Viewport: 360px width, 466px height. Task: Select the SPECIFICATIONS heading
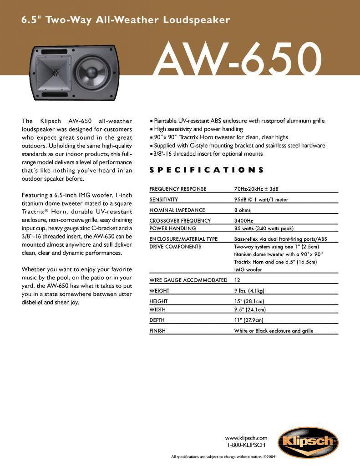point(207,170)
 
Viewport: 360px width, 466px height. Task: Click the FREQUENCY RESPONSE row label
point(178,189)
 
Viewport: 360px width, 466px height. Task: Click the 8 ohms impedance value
point(243,210)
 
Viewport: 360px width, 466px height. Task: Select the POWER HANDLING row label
point(173,228)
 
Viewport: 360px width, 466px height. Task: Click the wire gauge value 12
point(237,280)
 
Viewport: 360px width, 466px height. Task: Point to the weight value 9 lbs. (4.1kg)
point(249,291)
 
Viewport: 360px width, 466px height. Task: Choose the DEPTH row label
point(157,320)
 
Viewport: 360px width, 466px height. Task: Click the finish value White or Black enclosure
point(274,331)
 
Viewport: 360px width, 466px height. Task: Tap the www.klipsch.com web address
point(246,438)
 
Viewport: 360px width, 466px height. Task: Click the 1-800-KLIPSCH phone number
point(246,445)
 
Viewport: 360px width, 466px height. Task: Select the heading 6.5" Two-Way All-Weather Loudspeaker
point(126,20)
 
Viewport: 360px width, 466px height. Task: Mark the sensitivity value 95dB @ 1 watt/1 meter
point(261,199)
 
